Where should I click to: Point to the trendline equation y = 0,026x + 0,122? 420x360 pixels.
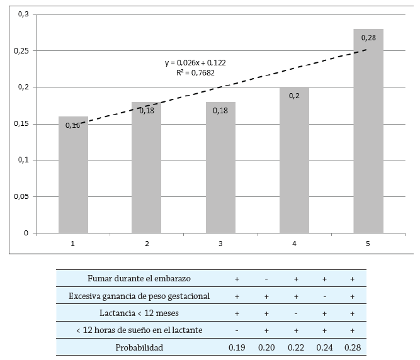(195, 63)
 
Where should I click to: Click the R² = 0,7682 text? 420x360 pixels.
(195, 73)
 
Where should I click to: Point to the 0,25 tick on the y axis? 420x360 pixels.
(21, 51)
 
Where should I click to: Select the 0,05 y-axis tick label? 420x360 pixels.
(21, 197)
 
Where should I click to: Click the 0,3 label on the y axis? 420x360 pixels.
(25, 14)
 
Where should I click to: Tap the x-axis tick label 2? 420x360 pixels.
(147, 243)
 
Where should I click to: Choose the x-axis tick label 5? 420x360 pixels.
(368, 243)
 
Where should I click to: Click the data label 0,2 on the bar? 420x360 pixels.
(294, 96)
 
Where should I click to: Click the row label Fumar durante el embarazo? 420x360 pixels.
(140, 278)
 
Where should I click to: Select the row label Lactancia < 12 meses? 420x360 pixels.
(140, 313)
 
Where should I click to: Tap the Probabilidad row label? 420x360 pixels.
(140, 347)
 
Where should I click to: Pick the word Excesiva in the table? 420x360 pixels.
(87, 296)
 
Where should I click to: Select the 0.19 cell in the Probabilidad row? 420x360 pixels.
(237, 347)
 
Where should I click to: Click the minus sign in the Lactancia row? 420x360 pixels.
(295, 313)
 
